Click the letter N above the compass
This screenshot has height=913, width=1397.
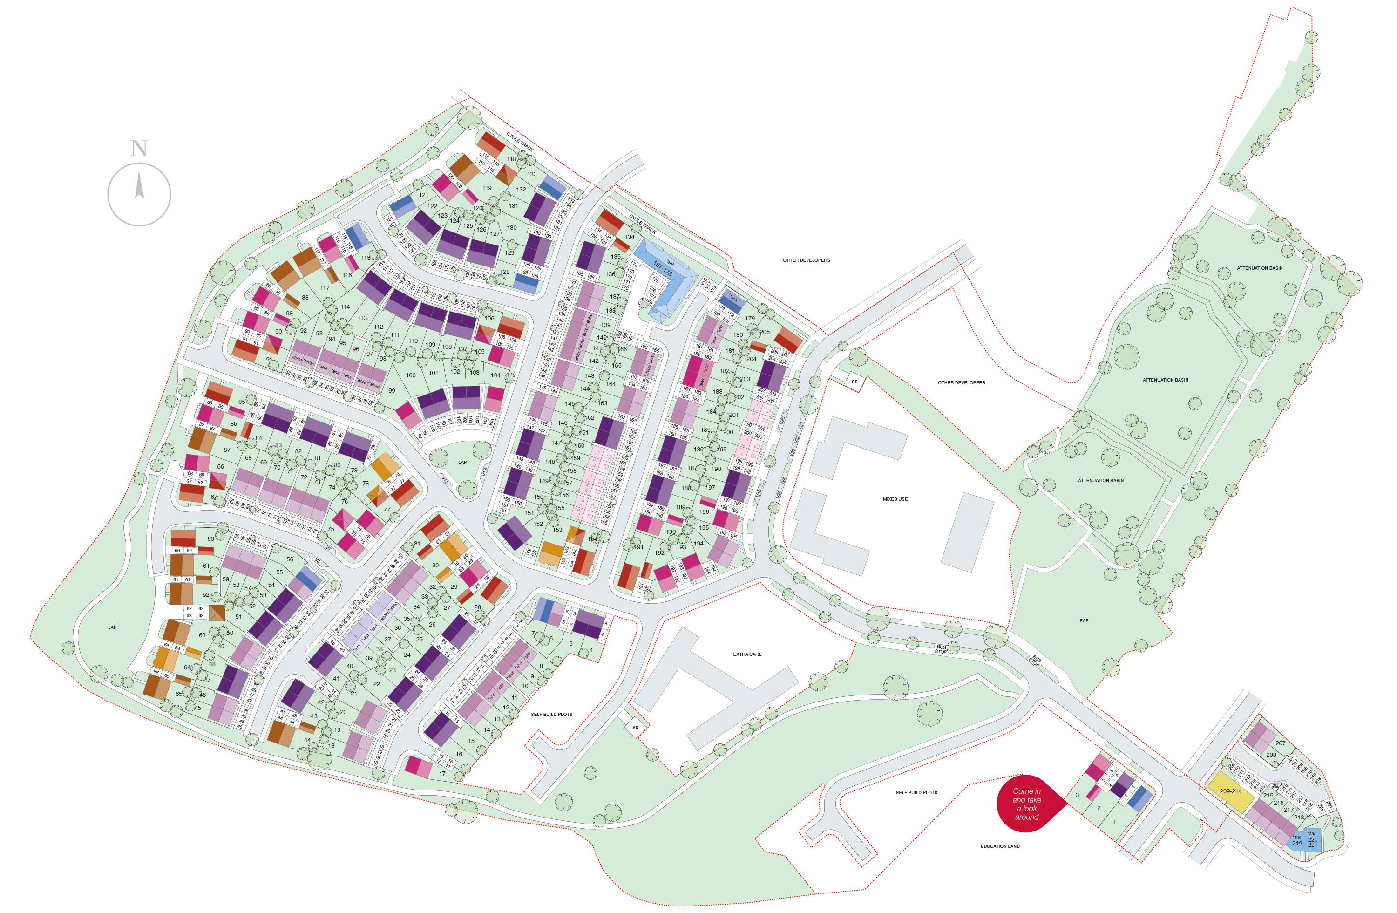click(139, 149)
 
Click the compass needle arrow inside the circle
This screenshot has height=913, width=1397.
click(140, 185)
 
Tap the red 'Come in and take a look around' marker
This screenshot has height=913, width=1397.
click(1027, 804)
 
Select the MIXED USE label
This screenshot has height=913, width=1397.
click(895, 499)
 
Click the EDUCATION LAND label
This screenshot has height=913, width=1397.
click(1000, 846)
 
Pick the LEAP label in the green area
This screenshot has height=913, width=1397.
click(1082, 620)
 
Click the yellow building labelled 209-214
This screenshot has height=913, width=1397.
click(1230, 792)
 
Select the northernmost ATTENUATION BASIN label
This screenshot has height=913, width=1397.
click(1259, 268)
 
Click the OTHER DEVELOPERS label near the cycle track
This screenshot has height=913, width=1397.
click(806, 260)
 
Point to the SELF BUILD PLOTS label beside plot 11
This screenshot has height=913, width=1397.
click(551, 715)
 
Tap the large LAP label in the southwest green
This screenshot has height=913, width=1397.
click(112, 627)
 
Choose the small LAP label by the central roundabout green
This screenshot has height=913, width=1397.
click(462, 462)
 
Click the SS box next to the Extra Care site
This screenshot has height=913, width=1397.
click(635, 728)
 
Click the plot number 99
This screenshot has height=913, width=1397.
click(392, 390)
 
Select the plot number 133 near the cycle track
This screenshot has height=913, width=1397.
click(532, 174)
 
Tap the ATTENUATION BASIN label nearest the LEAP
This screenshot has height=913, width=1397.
click(1100, 480)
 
